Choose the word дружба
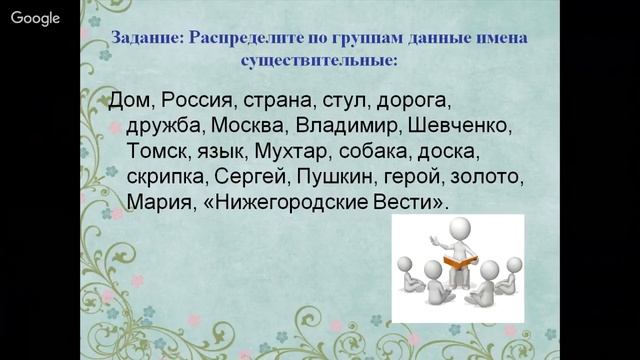(x=164, y=128)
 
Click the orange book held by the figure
(x=460, y=261)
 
